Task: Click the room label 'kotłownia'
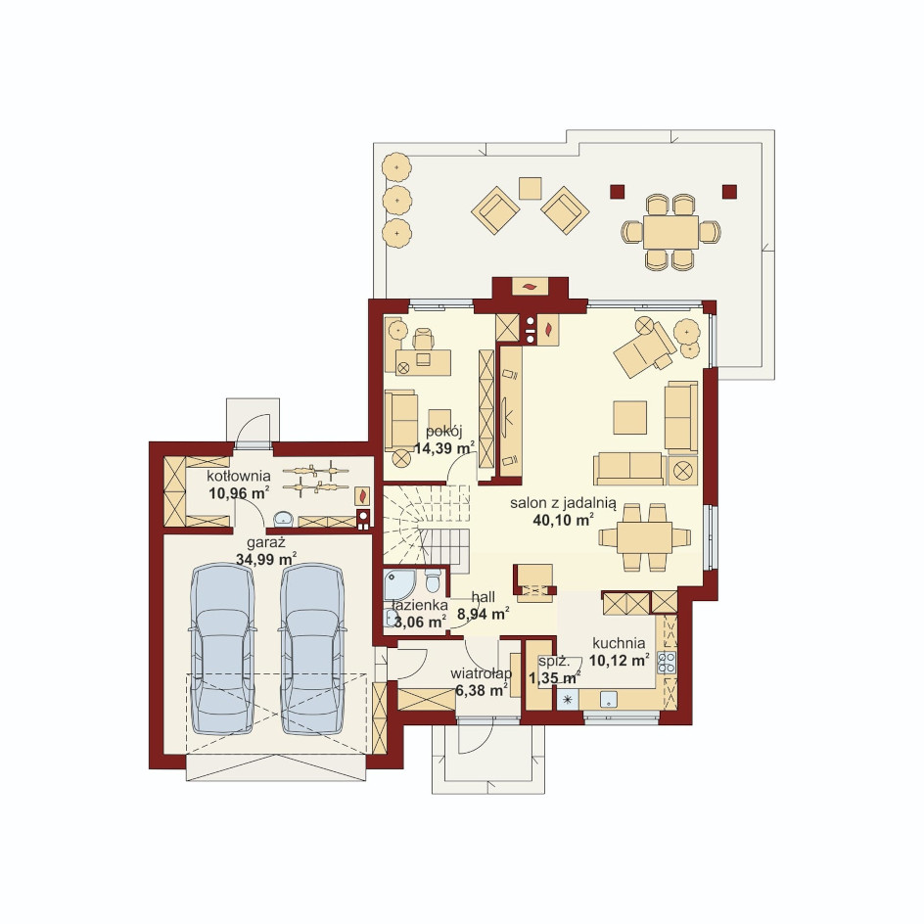239,476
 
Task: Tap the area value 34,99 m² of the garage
266,559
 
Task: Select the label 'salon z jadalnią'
564,503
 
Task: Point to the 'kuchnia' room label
619,643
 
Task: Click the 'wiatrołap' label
482,673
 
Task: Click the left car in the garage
222,649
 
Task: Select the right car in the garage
311,649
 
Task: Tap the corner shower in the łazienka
399,584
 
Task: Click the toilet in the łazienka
433,580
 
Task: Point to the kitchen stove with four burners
668,663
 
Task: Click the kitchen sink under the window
609,699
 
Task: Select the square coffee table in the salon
630,417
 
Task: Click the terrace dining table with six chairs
670,232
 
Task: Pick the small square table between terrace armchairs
531,189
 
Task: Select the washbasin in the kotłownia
285,518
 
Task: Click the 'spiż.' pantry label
553,661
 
